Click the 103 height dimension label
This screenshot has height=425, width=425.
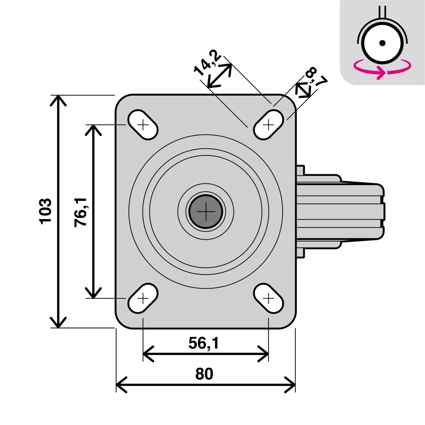[x=45, y=211]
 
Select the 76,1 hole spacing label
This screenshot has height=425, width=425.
[x=81, y=212]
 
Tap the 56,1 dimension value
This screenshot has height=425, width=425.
[x=204, y=343]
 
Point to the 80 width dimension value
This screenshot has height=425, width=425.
[x=204, y=374]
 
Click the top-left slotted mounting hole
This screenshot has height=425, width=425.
[x=143, y=125]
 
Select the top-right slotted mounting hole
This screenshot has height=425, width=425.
[x=269, y=125]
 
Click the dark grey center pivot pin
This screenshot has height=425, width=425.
[x=206, y=212]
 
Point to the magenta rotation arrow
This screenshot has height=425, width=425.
[x=382, y=69]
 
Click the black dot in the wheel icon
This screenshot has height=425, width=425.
[x=382, y=43]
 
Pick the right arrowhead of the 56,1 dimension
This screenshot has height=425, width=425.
[x=264, y=353]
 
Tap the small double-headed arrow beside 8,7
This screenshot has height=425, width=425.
[x=303, y=90]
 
